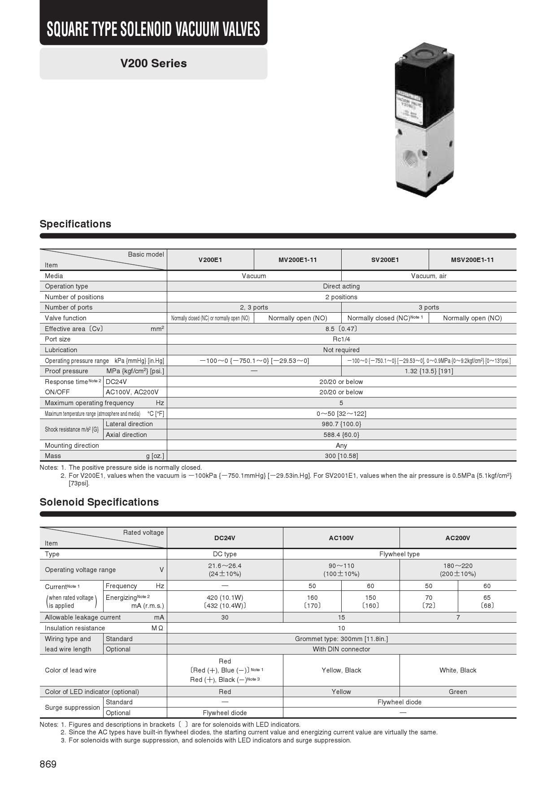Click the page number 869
tap(48, 764)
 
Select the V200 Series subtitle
tap(153, 63)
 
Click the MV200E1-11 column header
tap(297, 260)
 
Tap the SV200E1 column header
tap(385, 260)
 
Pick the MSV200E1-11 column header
tap(472, 260)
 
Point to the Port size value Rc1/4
tap(341, 339)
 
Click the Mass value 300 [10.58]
tap(341, 456)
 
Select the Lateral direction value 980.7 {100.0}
tap(341, 424)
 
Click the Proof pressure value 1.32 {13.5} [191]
tap(429, 371)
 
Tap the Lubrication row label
tap(61, 350)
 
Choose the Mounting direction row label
tap(72, 445)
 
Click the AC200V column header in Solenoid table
tap(457, 538)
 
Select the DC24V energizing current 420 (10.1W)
tap(225, 598)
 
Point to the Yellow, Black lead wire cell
tap(341, 670)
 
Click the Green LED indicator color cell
tap(457, 692)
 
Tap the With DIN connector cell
tap(341, 649)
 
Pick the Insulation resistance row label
tap(75, 628)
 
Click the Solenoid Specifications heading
tap(99, 502)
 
